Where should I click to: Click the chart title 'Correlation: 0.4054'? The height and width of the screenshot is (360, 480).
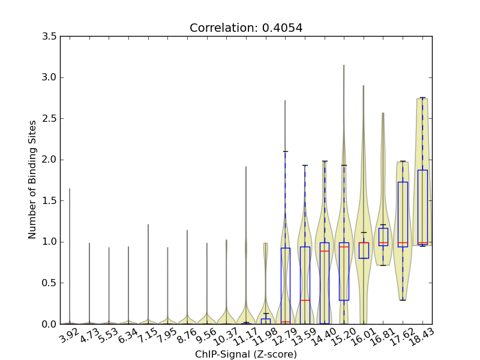pos(246,28)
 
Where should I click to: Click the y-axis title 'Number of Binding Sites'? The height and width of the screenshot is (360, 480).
pos(32,179)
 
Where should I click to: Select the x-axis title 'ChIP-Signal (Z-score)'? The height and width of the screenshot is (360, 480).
pos(246,354)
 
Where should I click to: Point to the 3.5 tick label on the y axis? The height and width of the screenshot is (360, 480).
pos(50,37)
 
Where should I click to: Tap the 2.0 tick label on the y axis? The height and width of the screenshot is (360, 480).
pos(50,160)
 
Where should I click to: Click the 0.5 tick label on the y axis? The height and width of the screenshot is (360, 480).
pos(50,283)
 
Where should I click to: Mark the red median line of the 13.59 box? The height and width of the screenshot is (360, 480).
pos(305,300)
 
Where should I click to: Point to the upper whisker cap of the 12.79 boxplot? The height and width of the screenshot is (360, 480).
pos(286,151)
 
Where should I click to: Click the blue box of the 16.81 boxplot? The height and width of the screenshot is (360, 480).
pos(383,236)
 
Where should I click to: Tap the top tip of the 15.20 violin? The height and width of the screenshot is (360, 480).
pos(344,65)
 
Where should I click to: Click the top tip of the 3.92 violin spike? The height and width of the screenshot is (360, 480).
pos(70,189)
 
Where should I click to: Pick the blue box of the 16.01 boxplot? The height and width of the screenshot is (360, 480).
pos(364,250)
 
